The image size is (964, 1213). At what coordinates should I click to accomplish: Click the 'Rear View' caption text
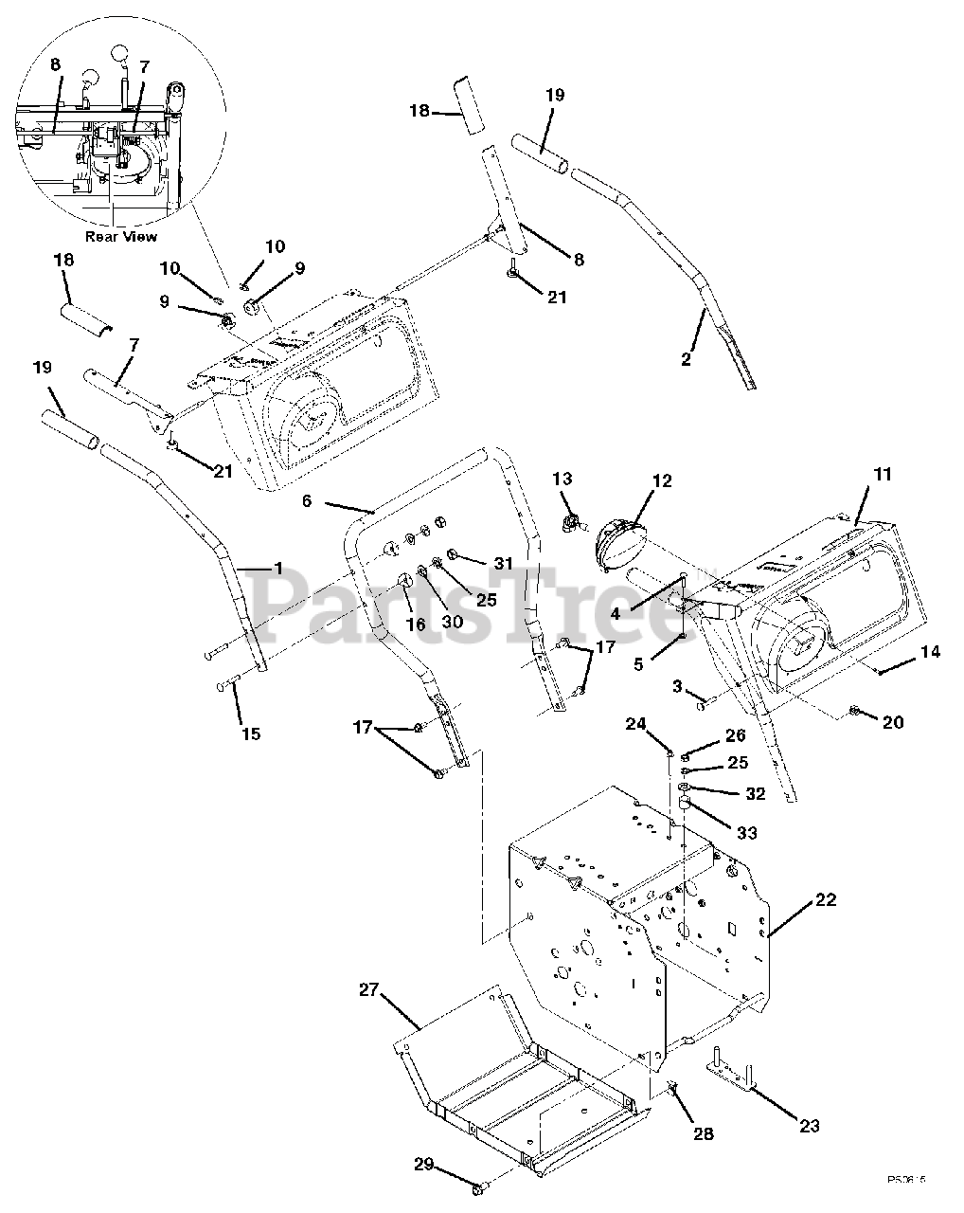pos(121,236)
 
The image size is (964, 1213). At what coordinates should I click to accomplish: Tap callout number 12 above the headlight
pos(661,481)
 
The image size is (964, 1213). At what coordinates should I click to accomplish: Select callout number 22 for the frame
pos(826,899)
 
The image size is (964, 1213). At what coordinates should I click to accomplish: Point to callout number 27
pos(368,990)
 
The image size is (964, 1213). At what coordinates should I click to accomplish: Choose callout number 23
pos(809,1126)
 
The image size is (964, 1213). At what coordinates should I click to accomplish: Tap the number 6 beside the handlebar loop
pos(307,500)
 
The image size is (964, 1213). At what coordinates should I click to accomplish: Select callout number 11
pos(882,475)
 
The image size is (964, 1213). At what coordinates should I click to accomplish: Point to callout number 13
pos(562,480)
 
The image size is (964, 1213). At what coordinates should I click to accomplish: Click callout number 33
pos(747,832)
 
